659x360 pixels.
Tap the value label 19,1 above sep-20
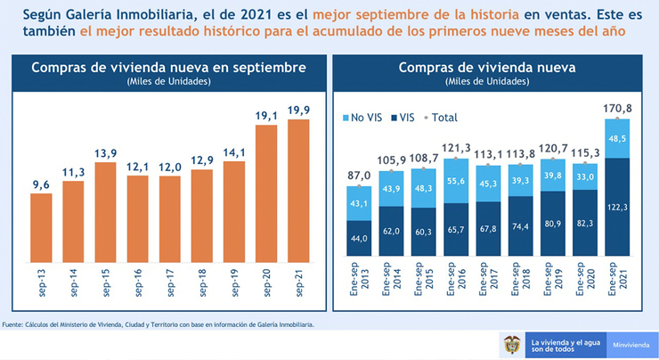(x=265, y=116)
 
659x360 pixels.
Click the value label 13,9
(x=105, y=153)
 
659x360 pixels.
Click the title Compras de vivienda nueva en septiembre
(x=168, y=68)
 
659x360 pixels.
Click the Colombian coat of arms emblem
(x=511, y=344)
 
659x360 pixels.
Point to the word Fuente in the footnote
(x=12, y=323)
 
